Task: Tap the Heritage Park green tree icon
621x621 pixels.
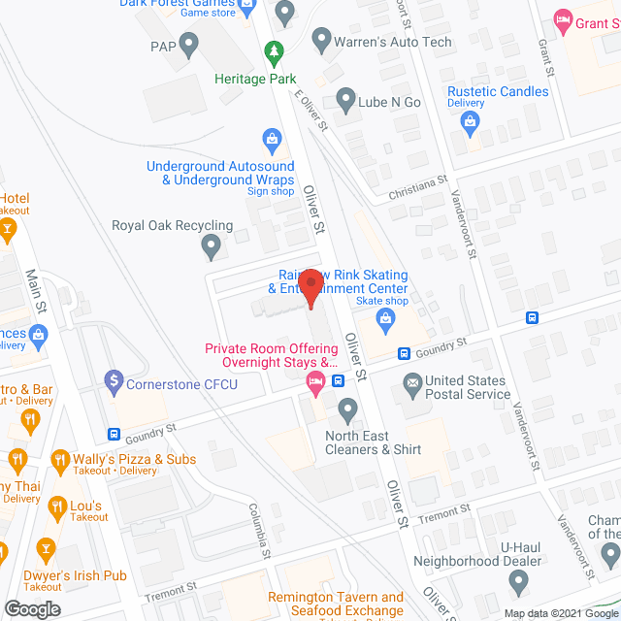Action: click(276, 50)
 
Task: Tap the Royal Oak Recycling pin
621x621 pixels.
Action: click(211, 248)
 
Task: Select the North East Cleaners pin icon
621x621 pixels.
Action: click(346, 409)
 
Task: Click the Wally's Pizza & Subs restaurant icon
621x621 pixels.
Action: click(60, 459)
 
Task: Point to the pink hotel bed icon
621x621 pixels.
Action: click(314, 381)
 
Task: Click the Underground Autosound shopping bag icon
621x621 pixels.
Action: click(273, 143)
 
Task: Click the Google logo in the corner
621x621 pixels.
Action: click(32, 608)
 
